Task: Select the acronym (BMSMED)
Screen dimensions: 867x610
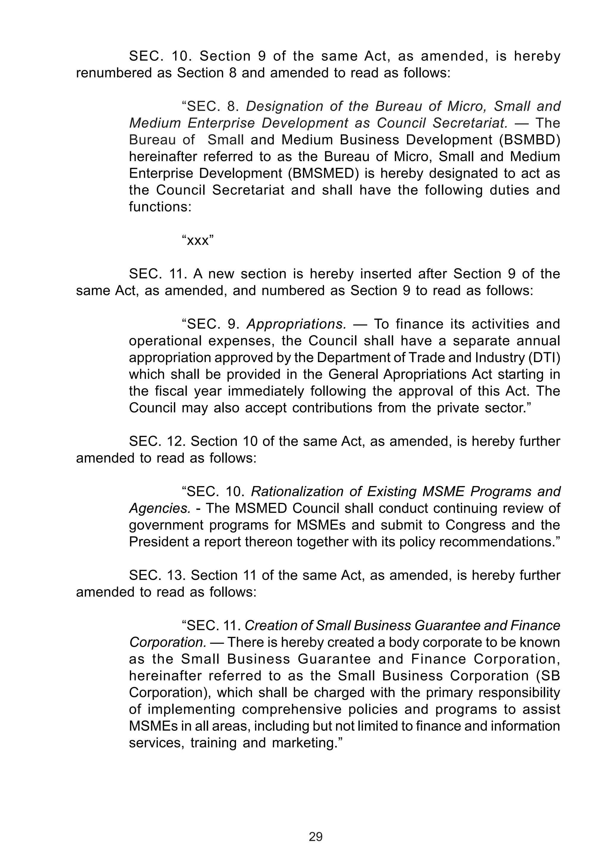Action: point(323,173)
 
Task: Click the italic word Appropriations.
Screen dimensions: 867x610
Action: point(296,324)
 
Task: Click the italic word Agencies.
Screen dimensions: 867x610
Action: point(160,508)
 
